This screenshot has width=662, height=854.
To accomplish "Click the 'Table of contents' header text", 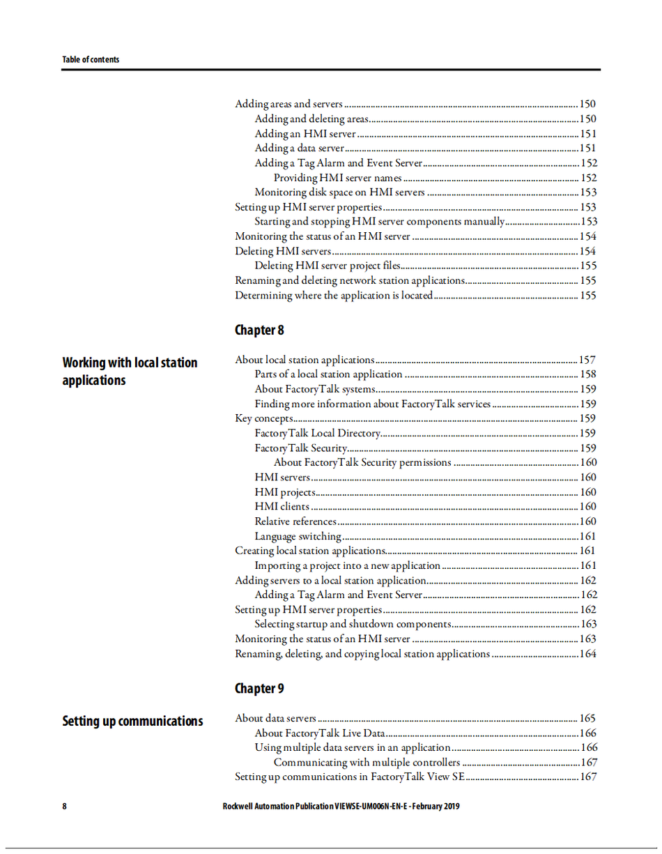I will coord(91,60).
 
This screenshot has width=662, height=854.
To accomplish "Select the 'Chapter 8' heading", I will coord(259,330).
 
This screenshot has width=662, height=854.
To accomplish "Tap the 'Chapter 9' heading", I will coord(259,688).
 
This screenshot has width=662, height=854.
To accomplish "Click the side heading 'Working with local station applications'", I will coord(130,372).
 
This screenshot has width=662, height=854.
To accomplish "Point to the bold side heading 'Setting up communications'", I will coord(132,721).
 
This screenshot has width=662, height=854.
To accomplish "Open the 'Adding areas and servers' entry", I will coord(288,104).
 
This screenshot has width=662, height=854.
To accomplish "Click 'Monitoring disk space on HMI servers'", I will coord(339,192).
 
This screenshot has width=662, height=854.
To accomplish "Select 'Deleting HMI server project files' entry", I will coord(327,266).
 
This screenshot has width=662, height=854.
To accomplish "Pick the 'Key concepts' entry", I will coord(263,418).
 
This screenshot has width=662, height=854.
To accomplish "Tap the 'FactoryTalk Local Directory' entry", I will coord(316,433).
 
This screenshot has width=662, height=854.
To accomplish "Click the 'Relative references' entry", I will coord(295,521).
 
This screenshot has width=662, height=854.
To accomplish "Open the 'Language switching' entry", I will coord(298,536).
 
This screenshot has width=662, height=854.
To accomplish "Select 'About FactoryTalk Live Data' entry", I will coord(319,733).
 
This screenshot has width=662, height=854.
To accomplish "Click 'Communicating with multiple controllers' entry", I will coord(367,762).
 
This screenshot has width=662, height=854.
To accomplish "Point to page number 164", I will coord(587,654).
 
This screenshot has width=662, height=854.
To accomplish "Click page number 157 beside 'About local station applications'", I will coord(587,360).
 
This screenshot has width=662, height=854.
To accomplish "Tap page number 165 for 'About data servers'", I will coord(587,718).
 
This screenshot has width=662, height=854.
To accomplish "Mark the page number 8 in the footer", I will coord(65,807).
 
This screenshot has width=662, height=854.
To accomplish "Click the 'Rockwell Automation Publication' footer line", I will coord(341,807).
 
